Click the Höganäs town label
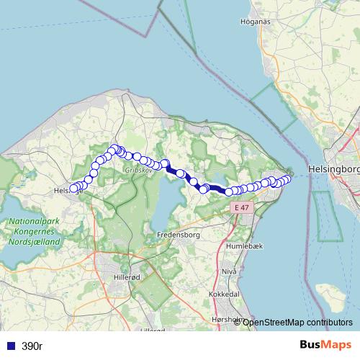tap(256, 22)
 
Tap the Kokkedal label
tap(223, 294)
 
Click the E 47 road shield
tap(241, 207)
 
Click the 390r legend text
tap(32, 346)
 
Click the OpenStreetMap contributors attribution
tap(297, 322)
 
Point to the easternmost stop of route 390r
tap(287, 179)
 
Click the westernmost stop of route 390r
tap(73, 189)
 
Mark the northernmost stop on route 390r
tap(114, 149)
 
